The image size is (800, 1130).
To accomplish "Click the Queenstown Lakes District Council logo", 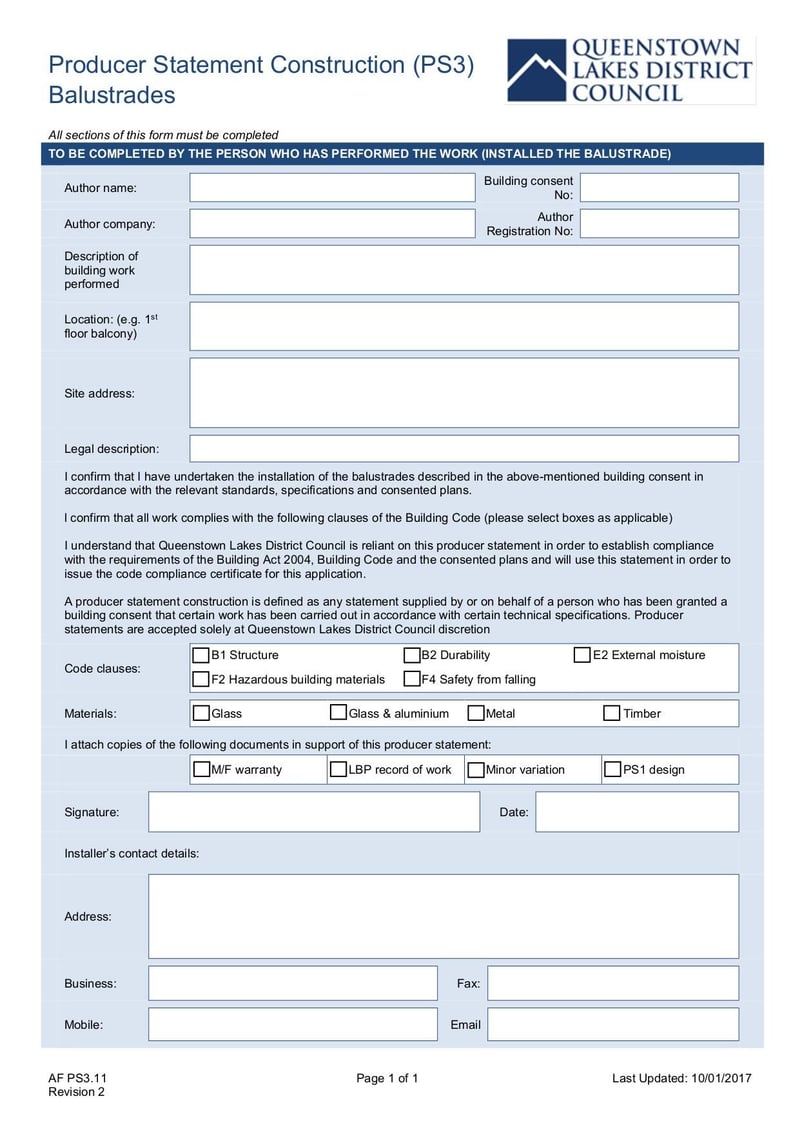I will coord(630,70).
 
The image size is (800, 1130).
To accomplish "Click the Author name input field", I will coord(332,188).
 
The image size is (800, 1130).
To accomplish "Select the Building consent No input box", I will coord(659,188).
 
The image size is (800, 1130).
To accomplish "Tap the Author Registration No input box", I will coord(659,224).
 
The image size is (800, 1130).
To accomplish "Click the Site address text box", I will coord(464,393).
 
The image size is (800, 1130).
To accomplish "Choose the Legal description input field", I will coord(464,449).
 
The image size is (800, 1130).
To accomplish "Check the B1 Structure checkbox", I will coord(201,656).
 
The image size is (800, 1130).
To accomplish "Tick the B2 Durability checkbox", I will coord(412,656).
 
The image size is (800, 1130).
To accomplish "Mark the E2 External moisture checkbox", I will coord(582,656).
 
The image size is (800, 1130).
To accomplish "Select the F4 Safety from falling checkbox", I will coord(412,680).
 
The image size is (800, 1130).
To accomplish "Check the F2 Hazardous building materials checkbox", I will coord(201,680).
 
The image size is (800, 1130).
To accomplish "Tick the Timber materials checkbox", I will coord(612,714).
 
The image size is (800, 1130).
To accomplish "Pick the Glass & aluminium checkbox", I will coord(339,714).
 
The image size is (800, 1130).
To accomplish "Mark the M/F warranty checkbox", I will coord(201,770).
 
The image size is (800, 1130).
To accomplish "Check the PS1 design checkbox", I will coord(612,770).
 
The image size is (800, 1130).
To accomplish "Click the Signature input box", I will coord(314,812).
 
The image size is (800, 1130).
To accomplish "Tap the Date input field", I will coord(637,812).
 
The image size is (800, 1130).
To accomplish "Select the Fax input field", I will coord(612,983).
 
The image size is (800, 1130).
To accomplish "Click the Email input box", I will coord(612,1024).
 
